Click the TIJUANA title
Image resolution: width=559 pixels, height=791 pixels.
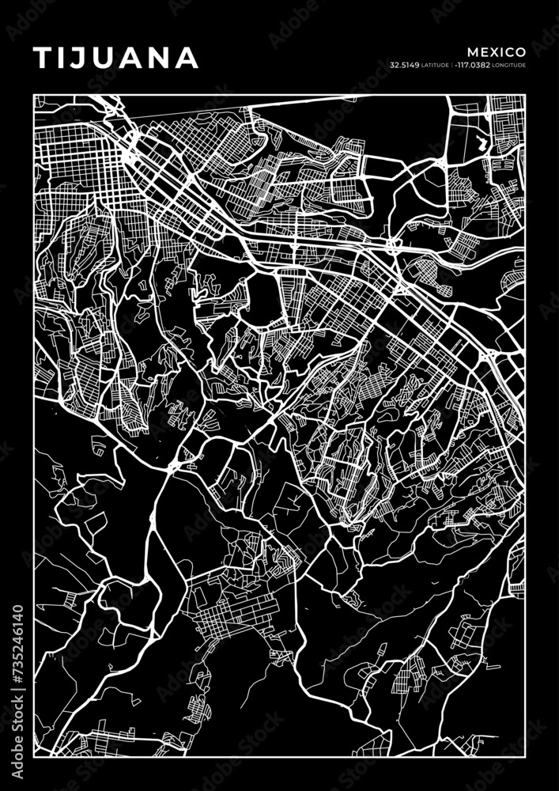115,58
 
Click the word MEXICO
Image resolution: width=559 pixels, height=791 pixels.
497,51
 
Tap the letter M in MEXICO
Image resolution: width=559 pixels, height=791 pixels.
472,51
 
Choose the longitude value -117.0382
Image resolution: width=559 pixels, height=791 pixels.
472,65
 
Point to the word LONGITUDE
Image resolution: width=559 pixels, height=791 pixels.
509,65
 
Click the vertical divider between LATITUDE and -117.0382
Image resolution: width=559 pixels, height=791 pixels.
452,65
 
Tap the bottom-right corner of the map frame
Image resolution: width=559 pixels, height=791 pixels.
526,758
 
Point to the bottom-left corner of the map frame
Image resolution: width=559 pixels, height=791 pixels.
34,758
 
